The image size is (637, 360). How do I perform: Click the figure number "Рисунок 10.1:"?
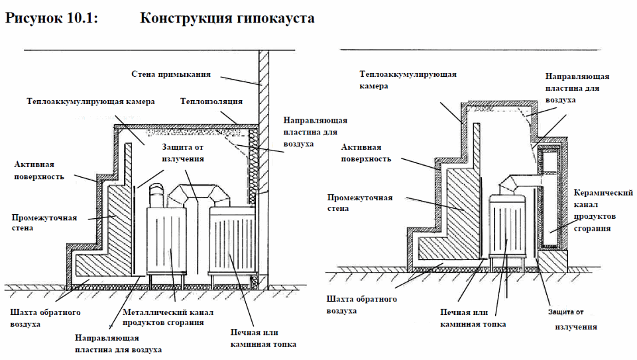(x=52, y=18)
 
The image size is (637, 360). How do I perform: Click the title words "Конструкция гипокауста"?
(x=227, y=18)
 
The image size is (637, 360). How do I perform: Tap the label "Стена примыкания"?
(x=170, y=74)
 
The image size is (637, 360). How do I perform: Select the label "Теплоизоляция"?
(x=211, y=101)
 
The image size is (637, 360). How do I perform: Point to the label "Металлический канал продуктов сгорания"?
(x=163, y=316)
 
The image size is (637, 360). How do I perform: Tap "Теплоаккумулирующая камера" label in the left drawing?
(x=91, y=102)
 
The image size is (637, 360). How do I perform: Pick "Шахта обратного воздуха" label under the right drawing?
(x=361, y=305)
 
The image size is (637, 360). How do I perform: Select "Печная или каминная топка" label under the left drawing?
(x=263, y=337)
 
